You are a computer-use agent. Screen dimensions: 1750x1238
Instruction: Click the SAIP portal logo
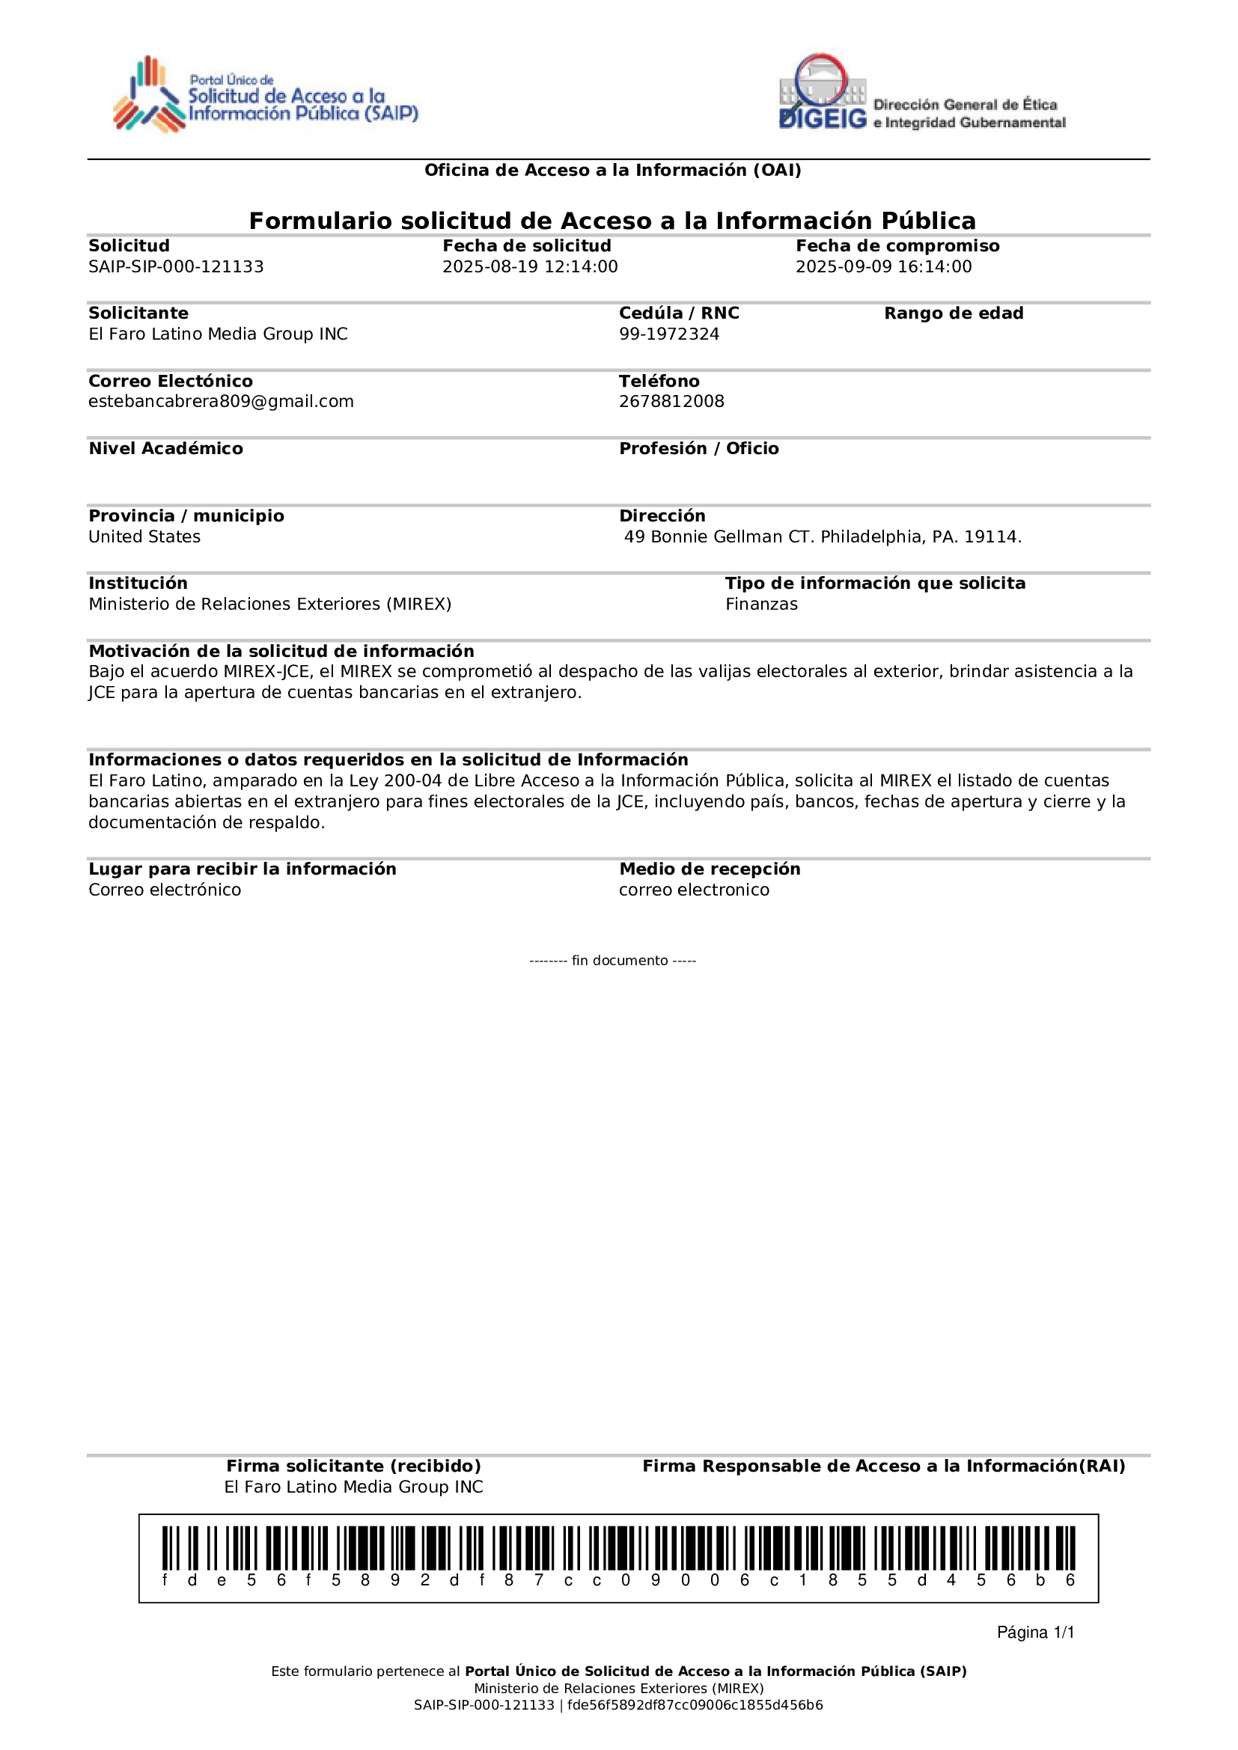pos(265,95)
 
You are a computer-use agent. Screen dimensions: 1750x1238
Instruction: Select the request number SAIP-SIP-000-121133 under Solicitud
pos(176,267)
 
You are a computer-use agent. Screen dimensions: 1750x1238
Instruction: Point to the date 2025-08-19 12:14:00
pos(530,267)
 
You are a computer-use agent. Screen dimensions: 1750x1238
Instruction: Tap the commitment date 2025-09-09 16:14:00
pos(883,267)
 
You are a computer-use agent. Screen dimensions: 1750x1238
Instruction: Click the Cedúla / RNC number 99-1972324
pos(668,334)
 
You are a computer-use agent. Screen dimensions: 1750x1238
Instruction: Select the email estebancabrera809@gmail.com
pos(221,402)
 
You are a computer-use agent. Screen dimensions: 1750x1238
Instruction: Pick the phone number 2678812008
pos(671,402)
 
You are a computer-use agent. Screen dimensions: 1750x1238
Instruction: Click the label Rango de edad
pos(953,313)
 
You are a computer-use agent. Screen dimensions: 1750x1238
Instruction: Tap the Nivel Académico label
pos(165,449)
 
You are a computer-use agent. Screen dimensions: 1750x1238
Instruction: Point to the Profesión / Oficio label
pos(698,449)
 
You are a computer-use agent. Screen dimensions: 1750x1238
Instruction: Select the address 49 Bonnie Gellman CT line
pos(822,536)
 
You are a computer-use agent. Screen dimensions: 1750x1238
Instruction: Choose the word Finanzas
pos(760,605)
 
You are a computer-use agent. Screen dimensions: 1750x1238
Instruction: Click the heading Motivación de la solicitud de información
pos(281,651)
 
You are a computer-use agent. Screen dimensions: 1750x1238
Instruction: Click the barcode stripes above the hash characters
pos(618,1548)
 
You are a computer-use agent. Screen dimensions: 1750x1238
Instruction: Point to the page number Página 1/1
pos(1035,1632)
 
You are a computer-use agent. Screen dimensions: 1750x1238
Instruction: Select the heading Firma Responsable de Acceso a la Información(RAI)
pos(883,1466)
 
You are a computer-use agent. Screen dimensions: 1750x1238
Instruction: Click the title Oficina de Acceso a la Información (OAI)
pos(612,170)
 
